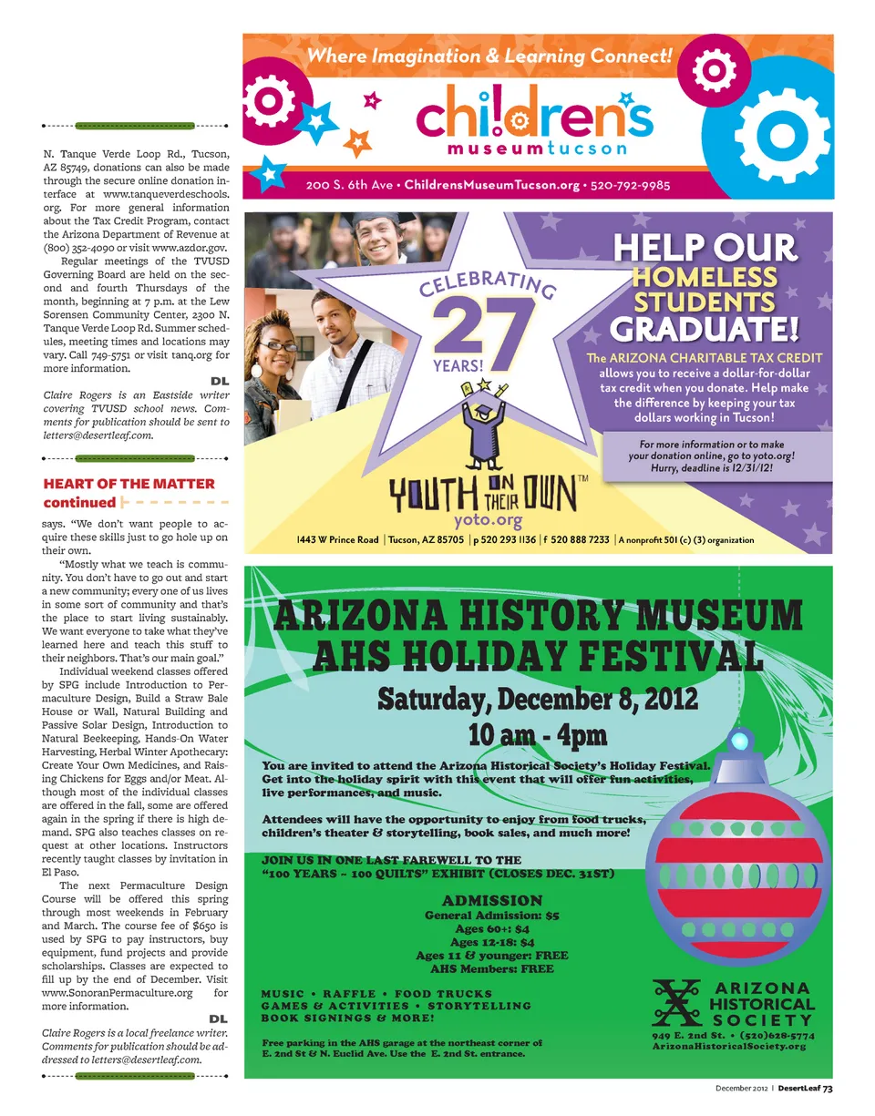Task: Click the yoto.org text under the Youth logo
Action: click(488, 521)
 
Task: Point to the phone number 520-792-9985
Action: click(630, 185)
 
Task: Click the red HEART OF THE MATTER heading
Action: click(129, 484)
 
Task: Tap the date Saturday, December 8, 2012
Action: click(538, 700)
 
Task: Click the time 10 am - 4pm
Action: click(537, 734)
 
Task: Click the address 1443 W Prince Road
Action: click(337, 540)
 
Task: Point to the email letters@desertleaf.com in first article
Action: click(98, 435)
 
